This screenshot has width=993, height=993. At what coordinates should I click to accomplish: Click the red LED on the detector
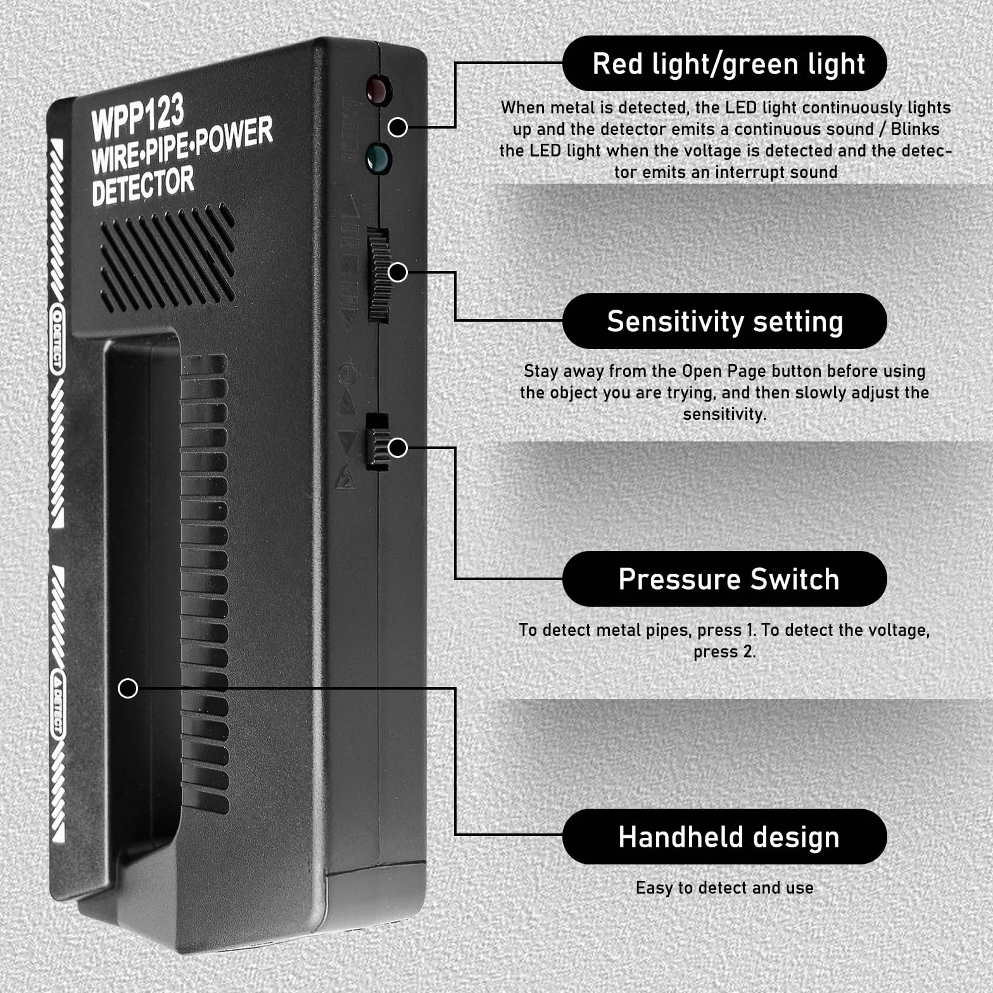[x=378, y=90]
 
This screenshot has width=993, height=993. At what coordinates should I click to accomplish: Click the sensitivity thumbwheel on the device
[x=379, y=275]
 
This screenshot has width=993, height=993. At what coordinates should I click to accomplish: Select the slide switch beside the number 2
[x=377, y=442]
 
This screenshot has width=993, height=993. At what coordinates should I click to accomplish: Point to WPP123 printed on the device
[x=137, y=116]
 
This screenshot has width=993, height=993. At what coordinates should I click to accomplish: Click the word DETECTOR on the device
[x=143, y=186]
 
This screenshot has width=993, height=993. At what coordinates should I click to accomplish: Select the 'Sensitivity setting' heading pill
[x=724, y=321]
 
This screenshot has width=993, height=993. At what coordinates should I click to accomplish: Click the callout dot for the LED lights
[x=398, y=127]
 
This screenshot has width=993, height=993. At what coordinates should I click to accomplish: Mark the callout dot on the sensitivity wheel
[x=398, y=272]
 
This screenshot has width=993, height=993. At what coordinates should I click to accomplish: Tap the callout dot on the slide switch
[x=398, y=448]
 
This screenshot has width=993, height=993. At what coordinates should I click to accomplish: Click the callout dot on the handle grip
[x=128, y=688]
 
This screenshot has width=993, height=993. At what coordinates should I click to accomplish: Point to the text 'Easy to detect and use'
[x=724, y=888]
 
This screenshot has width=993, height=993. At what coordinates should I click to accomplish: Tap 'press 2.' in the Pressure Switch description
[x=724, y=652]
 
